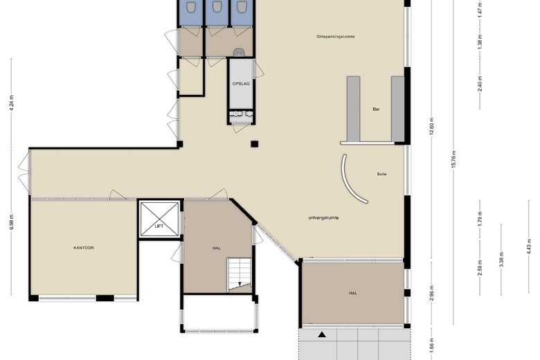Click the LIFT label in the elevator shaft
[x=159, y=226]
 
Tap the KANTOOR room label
[x=84, y=248]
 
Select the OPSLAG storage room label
[x=241, y=84]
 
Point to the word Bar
[x=376, y=109]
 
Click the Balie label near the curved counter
[x=382, y=174]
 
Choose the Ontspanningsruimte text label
[x=336, y=37]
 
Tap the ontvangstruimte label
[x=323, y=217]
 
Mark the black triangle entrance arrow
[x=322, y=334]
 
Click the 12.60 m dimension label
[x=432, y=127]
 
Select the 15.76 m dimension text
[x=453, y=159]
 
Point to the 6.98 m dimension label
[x=11, y=222]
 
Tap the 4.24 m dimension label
[x=11, y=102]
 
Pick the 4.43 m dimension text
[x=529, y=246]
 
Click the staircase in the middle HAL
[x=239, y=275]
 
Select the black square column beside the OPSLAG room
[x=255, y=144]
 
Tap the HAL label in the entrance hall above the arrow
[x=353, y=293]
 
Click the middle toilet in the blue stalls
[x=216, y=6]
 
